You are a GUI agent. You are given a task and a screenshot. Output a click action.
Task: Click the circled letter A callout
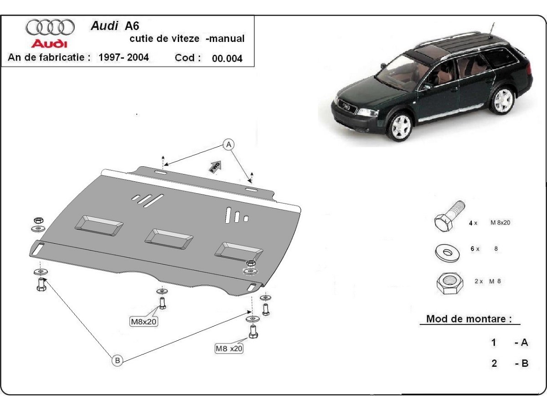[x=229, y=144]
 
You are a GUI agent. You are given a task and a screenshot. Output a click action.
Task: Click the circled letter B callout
[x=117, y=360]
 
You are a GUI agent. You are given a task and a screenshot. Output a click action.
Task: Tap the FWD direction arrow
[x=215, y=167]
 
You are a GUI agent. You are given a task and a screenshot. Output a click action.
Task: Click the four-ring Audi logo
[x=50, y=27]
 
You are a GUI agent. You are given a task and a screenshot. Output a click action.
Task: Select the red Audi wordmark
[x=49, y=44]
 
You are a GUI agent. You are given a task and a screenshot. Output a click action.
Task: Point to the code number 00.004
[x=227, y=58]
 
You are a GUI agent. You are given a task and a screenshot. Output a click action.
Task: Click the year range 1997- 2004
[x=124, y=58]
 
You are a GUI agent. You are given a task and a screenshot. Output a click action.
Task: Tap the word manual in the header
[x=227, y=39]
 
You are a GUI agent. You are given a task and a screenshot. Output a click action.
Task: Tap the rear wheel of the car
[x=502, y=101]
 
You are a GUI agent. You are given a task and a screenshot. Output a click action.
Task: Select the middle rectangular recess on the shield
[x=168, y=238]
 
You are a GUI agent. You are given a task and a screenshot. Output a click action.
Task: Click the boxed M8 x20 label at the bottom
[x=229, y=348]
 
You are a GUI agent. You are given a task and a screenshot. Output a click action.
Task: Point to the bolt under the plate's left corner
[x=41, y=285]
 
